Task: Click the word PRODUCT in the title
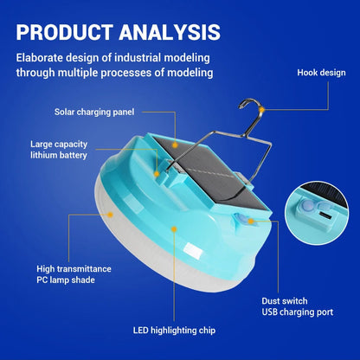(64, 32)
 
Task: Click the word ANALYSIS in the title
(170, 32)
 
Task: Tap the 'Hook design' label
(321, 73)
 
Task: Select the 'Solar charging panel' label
(94, 112)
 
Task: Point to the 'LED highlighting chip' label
(174, 331)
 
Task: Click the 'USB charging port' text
(298, 312)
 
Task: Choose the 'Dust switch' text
(285, 301)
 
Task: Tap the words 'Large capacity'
(59, 145)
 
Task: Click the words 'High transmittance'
(74, 269)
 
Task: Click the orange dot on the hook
(261, 110)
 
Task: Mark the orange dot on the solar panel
(175, 145)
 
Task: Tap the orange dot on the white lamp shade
(110, 215)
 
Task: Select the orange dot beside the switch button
(251, 222)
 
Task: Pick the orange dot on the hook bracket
(157, 174)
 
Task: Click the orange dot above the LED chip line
(174, 229)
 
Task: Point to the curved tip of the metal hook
(240, 107)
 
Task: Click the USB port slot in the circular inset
(325, 215)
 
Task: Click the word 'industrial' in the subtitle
(138, 58)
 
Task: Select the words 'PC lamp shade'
(66, 280)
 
